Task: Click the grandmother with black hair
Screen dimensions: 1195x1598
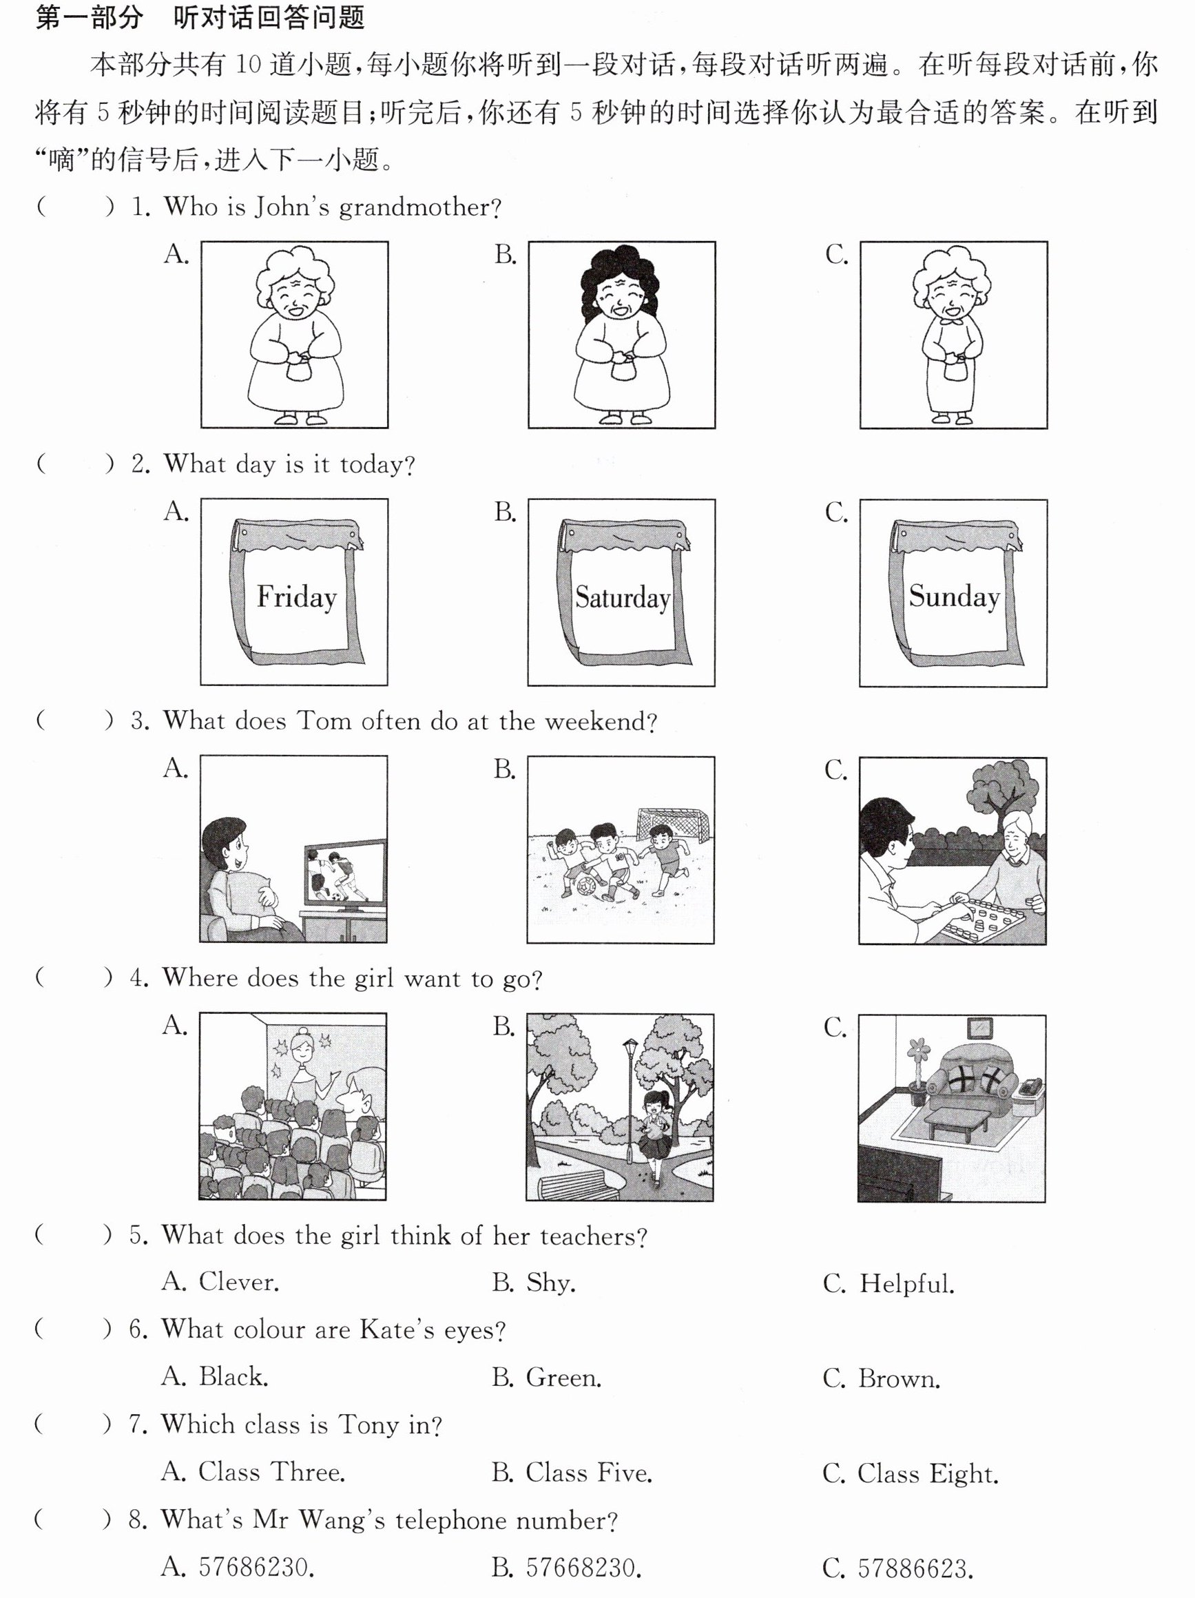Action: click(x=622, y=335)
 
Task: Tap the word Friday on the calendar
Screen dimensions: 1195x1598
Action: click(x=297, y=597)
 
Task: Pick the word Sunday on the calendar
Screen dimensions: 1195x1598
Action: click(x=954, y=597)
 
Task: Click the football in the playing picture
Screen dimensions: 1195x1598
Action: click(x=586, y=886)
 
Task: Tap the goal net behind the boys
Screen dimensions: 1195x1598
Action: click(x=673, y=825)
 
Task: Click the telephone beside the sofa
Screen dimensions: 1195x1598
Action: click(x=1028, y=1086)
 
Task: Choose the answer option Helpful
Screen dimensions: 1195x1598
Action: click(x=888, y=1284)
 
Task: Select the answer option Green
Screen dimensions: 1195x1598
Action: click(x=546, y=1378)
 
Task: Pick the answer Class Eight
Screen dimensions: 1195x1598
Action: click(x=911, y=1474)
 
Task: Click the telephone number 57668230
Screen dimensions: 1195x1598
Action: click(x=566, y=1568)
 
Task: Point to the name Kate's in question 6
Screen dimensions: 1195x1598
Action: click(x=397, y=1330)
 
